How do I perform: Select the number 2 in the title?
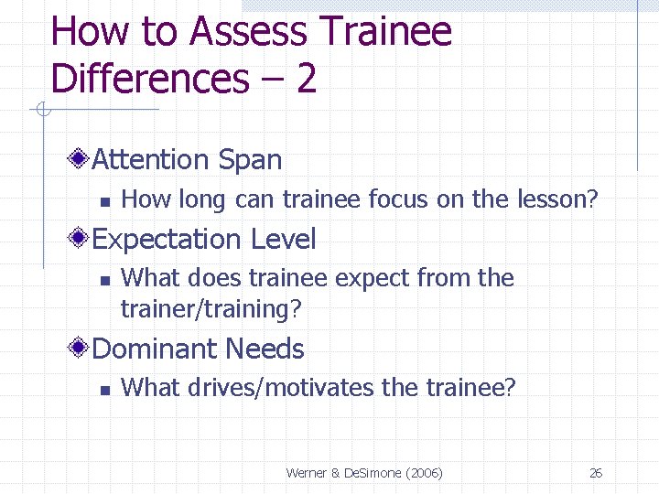tap(306, 80)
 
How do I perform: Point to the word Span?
tap(250, 161)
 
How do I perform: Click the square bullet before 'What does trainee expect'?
tap(105, 280)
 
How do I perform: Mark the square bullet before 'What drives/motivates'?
tap(105, 390)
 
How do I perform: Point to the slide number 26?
tap(596, 473)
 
